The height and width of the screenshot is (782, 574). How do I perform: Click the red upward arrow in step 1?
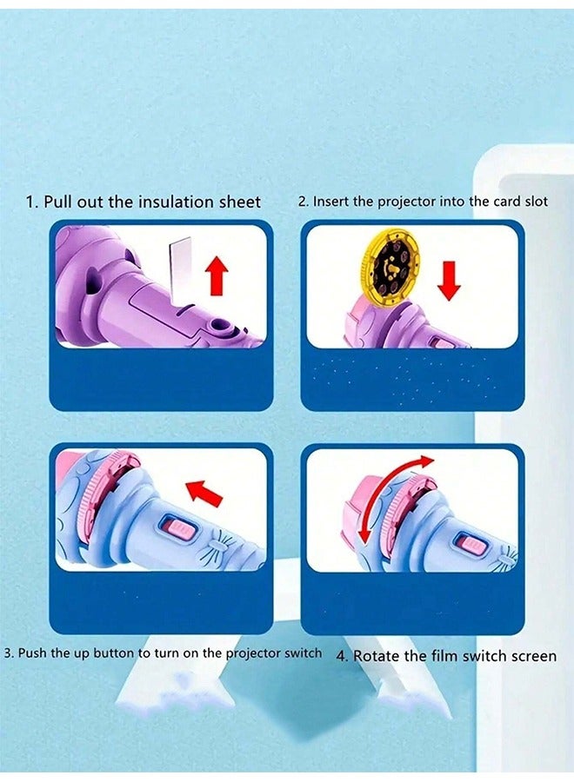point(217,276)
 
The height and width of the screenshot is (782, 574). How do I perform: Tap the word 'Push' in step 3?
point(33,653)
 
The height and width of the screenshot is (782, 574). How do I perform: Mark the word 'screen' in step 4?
point(531,656)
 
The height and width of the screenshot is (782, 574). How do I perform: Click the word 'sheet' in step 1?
point(238,202)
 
